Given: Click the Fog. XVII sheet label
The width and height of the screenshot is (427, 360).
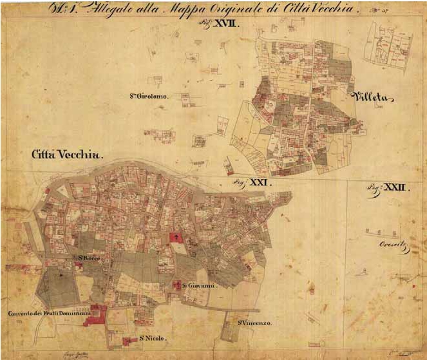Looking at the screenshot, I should (223, 23).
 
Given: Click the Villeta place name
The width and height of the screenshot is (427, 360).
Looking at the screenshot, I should (372, 98).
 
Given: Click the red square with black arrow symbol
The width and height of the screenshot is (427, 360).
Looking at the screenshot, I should (175, 238).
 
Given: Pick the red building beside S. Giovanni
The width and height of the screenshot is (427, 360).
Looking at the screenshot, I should (177, 284).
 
